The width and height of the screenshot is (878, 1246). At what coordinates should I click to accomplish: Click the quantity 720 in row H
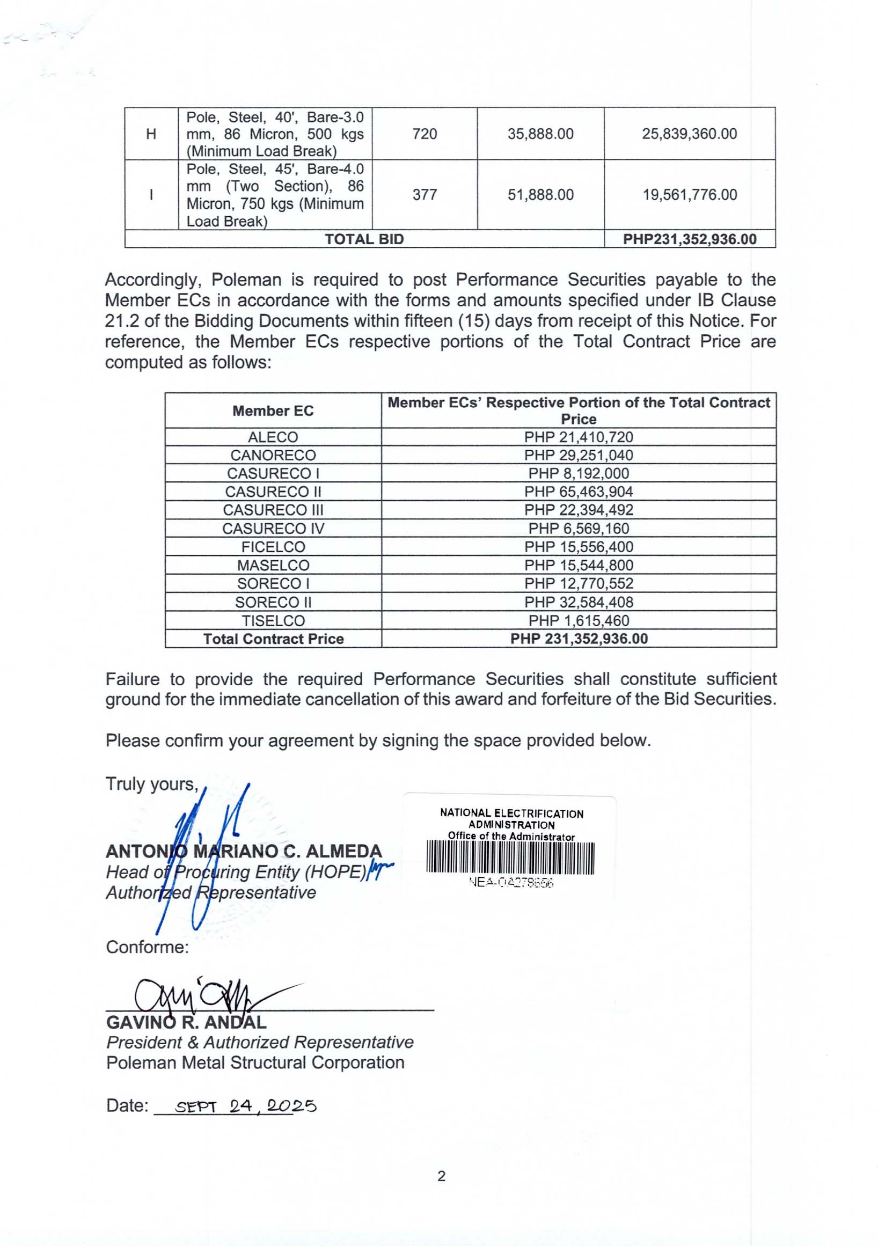[x=425, y=134]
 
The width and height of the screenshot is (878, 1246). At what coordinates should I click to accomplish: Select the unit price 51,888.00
[x=540, y=194]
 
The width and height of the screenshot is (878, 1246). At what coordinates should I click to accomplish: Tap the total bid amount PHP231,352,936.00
[x=689, y=239]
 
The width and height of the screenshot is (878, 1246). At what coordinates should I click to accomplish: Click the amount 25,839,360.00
[x=689, y=134]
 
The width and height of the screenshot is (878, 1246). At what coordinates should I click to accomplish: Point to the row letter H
[x=151, y=134]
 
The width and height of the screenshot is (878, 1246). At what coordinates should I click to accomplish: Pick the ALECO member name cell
[x=273, y=437]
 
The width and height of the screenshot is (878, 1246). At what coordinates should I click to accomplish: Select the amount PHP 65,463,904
[x=579, y=492]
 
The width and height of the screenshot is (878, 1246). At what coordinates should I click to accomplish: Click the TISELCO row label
[x=273, y=620]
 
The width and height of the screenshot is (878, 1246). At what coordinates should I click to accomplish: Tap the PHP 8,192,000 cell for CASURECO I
[x=579, y=473]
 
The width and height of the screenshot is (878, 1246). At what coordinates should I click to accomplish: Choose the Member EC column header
[x=273, y=411]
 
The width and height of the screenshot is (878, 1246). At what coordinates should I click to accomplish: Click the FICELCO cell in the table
[x=273, y=546]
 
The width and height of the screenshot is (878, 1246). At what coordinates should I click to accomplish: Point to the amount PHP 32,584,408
[x=579, y=602]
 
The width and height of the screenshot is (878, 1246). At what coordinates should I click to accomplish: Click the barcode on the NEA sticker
[x=510, y=858]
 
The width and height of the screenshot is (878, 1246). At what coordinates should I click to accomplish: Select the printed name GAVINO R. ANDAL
[x=186, y=1022]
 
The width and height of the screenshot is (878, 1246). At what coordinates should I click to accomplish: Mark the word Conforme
[x=147, y=947]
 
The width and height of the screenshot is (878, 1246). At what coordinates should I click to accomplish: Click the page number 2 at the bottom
[x=441, y=1176]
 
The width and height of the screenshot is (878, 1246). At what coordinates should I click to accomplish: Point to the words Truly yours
[x=152, y=784]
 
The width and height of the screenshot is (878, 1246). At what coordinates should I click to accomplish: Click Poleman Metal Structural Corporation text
[x=255, y=1062]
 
